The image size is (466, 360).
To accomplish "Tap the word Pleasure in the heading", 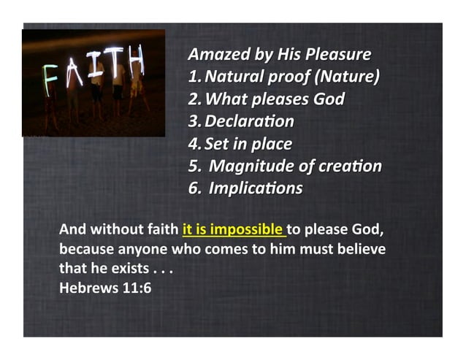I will click(x=339, y=55).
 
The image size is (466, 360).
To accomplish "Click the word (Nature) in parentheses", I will click(x=348, y=77).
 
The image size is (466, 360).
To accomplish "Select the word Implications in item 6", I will click(x=256, y=188).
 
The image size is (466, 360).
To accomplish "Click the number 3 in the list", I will click(x=193, y=121).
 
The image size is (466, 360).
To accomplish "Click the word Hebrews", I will click(x=86, y=286).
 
